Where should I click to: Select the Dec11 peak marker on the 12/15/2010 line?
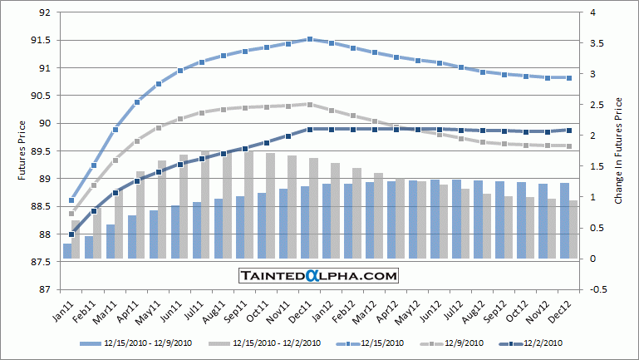[310, 39]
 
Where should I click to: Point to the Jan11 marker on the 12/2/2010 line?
[71, 234]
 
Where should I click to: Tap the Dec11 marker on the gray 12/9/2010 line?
[310, 104]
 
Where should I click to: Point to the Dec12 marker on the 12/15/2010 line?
[569, 78]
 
